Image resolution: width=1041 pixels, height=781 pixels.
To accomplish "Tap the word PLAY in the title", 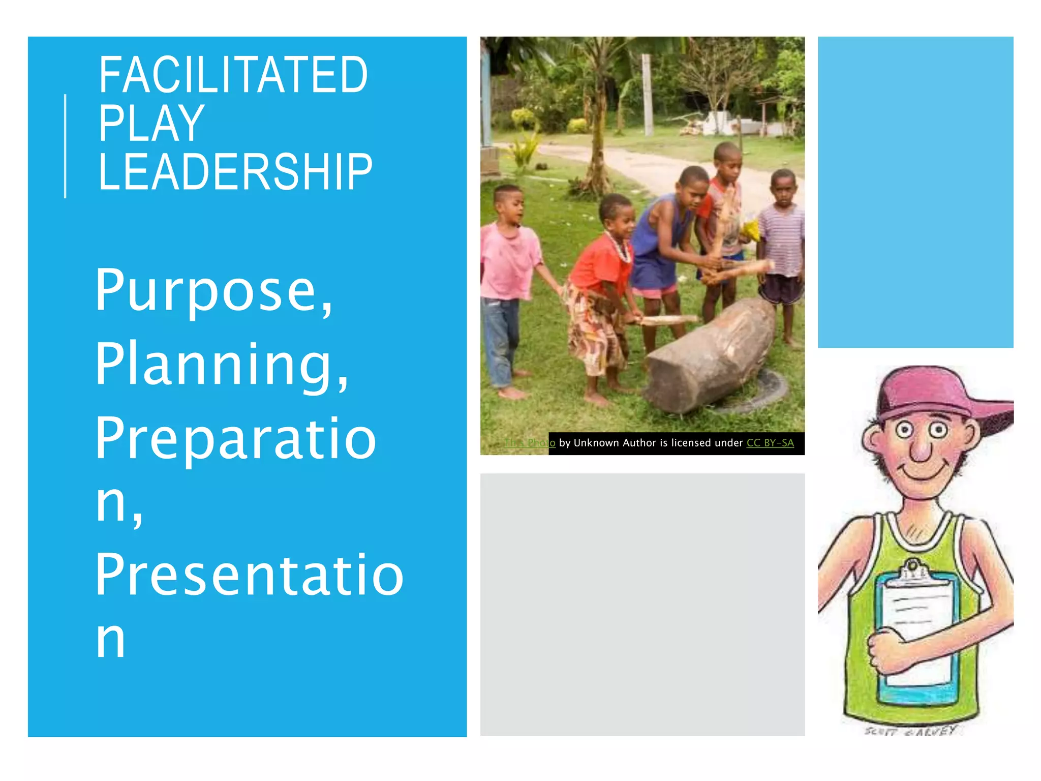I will (x=151, y=124).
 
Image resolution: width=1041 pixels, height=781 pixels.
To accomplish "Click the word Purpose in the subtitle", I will (x=213, y=291).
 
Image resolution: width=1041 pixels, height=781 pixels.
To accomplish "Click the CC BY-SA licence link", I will (x=770, y=443).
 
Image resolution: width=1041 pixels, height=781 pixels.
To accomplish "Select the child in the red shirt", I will (x=600, y=264).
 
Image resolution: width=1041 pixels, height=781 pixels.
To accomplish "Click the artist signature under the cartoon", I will (x=910, y=731).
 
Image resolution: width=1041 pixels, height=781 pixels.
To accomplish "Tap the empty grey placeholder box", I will (x=642, y=604).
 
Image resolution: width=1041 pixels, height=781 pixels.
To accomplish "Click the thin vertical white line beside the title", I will (x=65, y=146).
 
